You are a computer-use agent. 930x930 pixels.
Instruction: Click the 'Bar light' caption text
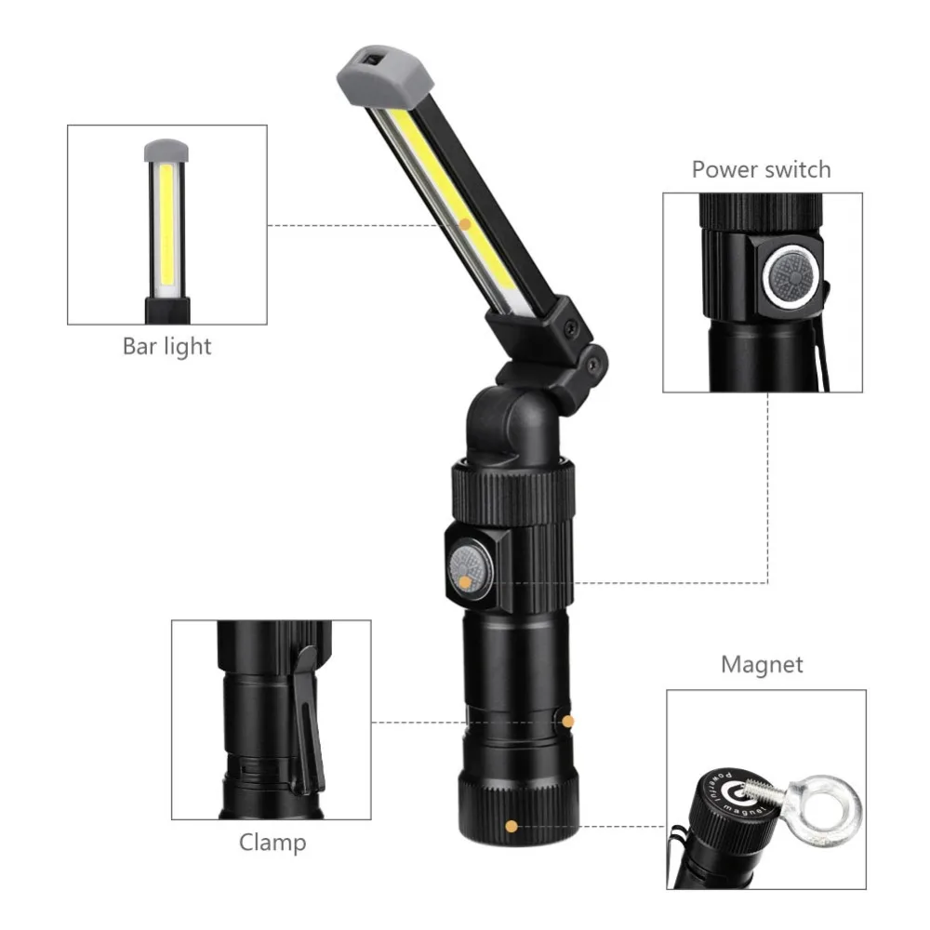click(167, 347)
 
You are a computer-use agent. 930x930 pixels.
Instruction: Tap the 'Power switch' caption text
click(761, 169)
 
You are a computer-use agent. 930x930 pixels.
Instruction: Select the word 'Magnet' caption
click(762, 665)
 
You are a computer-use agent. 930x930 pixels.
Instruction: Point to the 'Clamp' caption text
click(272, 843)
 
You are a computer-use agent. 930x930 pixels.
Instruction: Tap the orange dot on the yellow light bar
click(465, 223)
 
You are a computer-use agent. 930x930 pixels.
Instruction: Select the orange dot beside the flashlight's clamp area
click(569, 721)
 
